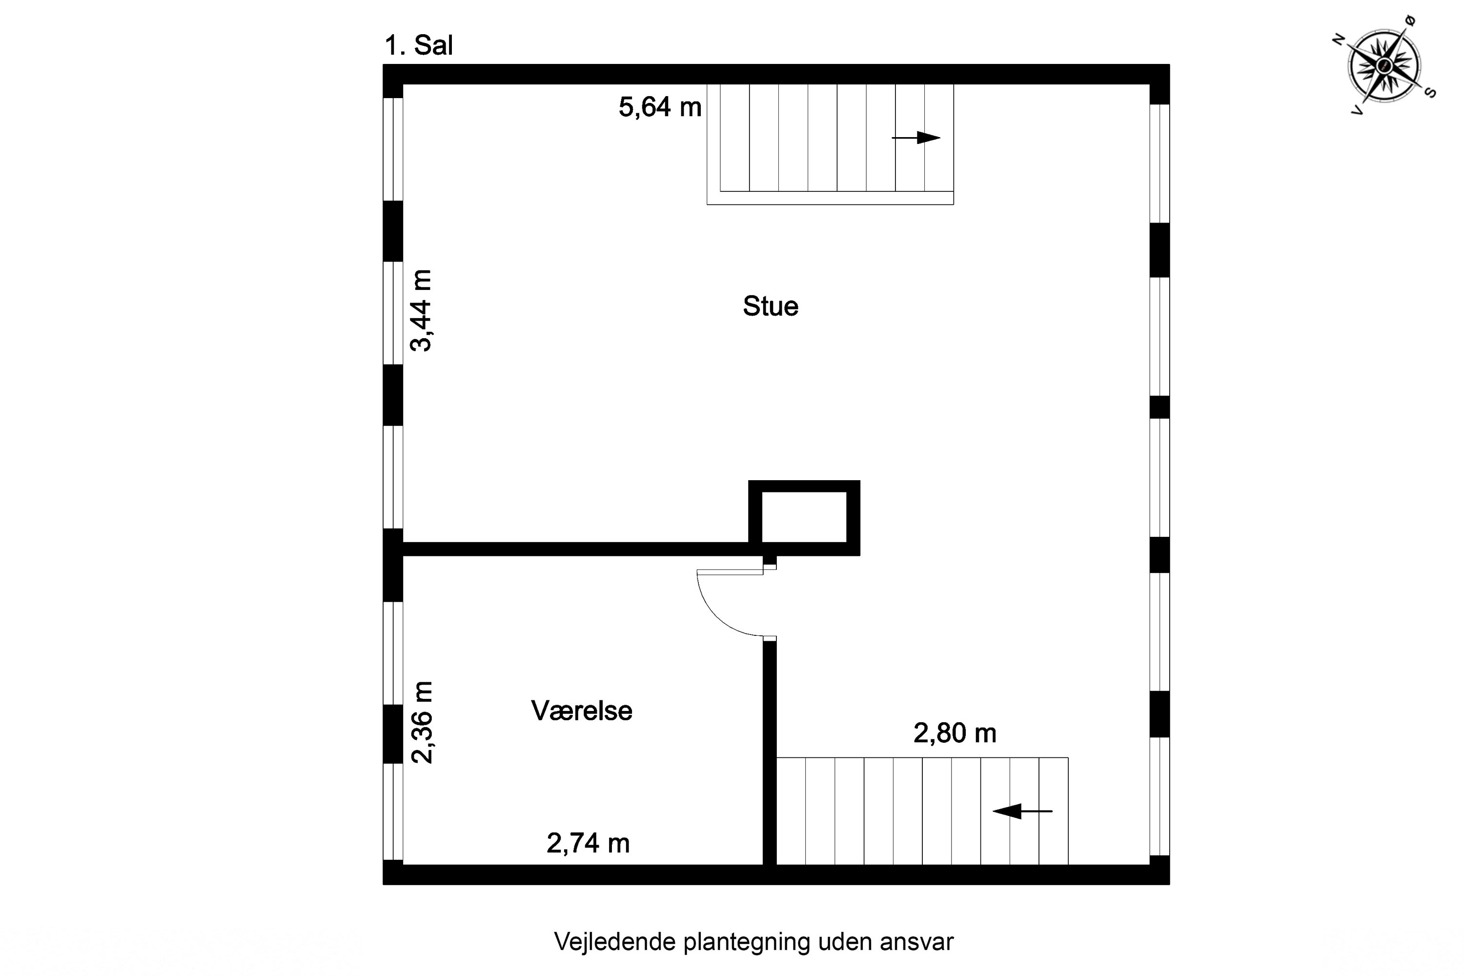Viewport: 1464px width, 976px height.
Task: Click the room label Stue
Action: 770,306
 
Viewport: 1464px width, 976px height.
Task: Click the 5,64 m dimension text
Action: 660,107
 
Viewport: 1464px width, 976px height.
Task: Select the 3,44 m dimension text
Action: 421,310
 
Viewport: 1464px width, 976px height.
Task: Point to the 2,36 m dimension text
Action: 422,722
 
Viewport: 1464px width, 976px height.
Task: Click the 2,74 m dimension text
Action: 588,843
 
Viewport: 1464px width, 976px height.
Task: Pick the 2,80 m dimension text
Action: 954,733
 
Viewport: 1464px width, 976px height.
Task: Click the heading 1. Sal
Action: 418,45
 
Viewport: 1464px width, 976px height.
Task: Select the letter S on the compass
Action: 1430,93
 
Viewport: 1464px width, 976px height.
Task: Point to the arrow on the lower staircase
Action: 1022,811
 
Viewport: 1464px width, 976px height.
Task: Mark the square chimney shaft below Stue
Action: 804,517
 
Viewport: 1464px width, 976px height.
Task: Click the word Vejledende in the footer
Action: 614,942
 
